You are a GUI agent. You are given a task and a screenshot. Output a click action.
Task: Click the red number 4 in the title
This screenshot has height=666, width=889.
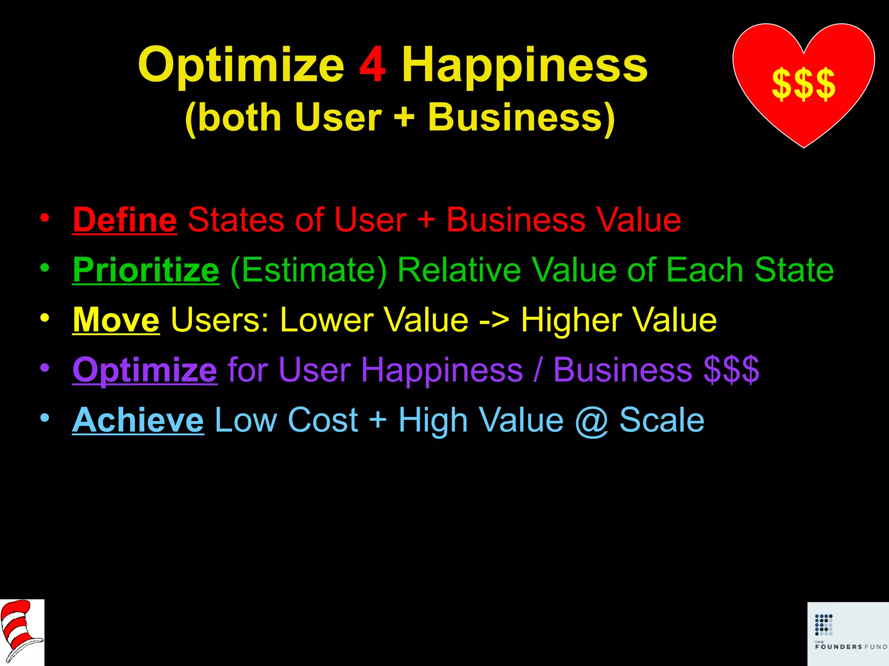click(x=372, y=65)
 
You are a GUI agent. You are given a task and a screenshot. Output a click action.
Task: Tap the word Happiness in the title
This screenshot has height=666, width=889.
click(x=524, y=66)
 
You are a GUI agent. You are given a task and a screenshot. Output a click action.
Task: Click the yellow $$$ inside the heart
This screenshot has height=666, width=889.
click(x=803, y=84)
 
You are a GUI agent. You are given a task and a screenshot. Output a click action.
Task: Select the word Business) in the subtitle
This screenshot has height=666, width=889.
click(x=521, y=118)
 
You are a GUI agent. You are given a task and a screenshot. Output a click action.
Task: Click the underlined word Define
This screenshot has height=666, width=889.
click(x=125, y=220)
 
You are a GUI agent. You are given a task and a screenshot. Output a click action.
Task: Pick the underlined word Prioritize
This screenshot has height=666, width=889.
click(x=146, y=270)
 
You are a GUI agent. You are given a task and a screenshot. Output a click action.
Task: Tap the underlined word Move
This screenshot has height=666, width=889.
click(x=116, y=320)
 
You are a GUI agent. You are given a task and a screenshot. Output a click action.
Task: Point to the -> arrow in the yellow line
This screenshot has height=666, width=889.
click(x=494, y=321)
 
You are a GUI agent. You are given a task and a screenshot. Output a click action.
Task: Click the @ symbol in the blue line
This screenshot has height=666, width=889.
click(x=591, y=421)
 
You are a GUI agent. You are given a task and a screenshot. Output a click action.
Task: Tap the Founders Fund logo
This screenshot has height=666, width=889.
click(x=847, y=633)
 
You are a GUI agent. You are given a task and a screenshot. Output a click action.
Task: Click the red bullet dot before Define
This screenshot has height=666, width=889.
click(x=44, y=218)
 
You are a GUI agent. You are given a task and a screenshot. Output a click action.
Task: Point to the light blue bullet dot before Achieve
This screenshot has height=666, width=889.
click(x=44, y=418)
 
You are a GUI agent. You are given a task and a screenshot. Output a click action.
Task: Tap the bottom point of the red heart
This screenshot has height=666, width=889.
click(x=803, y=147)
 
